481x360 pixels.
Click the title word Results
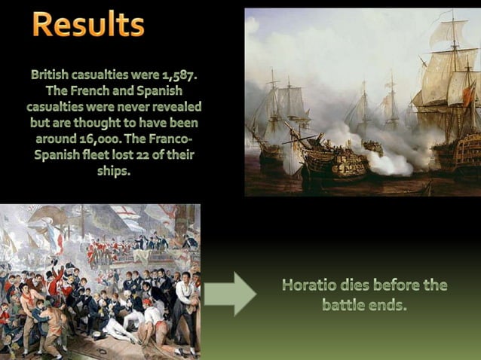(x=88, y=24)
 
